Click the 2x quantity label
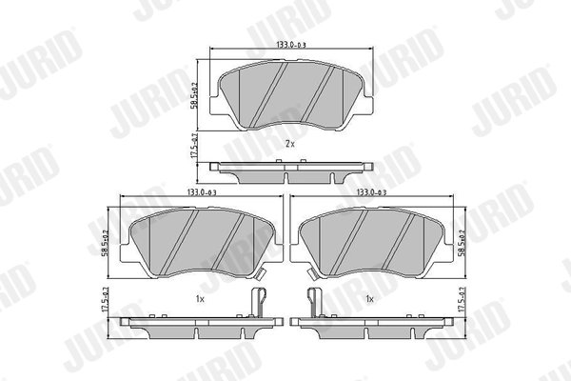[290, 143]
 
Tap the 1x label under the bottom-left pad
[200, 299]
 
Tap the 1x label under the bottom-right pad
[368, 299]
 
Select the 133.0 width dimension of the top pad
[288, 45]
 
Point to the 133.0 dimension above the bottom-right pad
[372, 192]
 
